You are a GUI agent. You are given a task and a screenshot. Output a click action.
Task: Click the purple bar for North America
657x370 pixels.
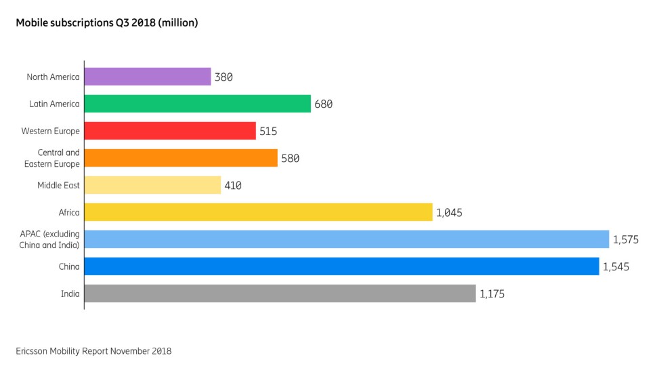tap(148, 77)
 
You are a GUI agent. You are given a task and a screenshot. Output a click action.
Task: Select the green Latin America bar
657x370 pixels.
tap(198, 104)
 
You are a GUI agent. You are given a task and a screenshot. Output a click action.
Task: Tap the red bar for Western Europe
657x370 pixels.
tap(170, 131)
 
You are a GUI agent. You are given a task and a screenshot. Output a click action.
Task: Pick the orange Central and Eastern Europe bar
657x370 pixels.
tap(181, 158)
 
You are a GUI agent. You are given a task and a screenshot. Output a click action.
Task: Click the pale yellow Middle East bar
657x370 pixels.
tap(152, 185)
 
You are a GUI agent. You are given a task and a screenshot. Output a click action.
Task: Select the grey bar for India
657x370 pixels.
tap(280, 293)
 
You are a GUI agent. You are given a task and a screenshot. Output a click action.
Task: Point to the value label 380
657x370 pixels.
tap(224, 77)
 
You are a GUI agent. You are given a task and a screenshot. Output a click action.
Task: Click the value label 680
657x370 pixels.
tap(323, 104)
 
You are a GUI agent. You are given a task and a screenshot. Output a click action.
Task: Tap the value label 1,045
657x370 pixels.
tap(449, 213)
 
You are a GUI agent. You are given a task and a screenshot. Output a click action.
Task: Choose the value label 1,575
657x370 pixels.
tap(626, 240)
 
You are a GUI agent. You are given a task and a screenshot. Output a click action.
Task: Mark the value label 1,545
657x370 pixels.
tap(616, 267)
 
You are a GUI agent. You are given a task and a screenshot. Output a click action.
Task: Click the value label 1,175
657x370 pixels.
tap(492, 294)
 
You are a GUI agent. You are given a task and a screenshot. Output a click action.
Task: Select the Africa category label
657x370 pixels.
tap(69, 212)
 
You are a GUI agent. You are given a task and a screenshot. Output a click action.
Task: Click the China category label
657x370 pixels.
tap(69, 266)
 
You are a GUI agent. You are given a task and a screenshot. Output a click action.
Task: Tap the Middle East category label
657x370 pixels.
tap(59, 185)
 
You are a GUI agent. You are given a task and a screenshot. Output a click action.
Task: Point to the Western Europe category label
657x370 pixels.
tap(51, 131)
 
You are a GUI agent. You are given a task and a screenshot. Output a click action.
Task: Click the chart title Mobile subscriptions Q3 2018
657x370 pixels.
tap(107, 23)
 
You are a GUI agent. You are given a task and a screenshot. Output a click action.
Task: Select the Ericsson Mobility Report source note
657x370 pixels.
tap(93, 351)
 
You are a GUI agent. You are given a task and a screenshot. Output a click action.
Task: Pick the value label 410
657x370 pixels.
tap(233, 186)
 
